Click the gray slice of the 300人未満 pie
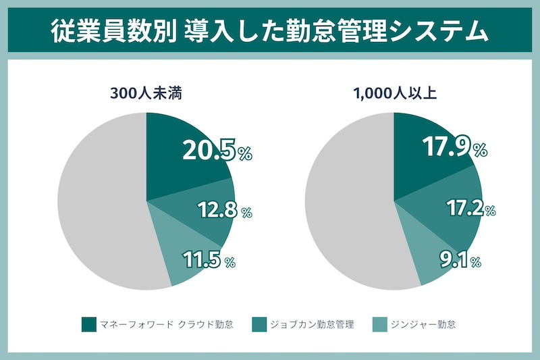(x=101, y=203)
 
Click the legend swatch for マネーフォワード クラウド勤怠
(x=88, y=324)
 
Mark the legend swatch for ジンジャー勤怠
(x=380, y=324)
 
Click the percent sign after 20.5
(x=244, y=155)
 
